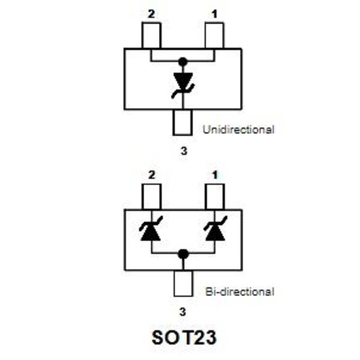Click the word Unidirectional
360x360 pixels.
[x=238, y=130]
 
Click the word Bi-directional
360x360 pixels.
[x=239, y=291]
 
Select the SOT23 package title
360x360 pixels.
[x=184, y=338]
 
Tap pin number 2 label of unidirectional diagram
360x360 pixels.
[x=151, y=14]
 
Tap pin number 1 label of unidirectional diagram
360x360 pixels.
[x=214, y=14]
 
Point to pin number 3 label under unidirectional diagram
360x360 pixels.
[x=184, y=151]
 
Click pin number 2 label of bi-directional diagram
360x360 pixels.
[x=151, y=175]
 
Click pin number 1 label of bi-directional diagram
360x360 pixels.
[x=215, y=175]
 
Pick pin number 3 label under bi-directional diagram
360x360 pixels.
[x=182, y=311]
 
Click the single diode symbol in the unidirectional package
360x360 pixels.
[x=183, y=85]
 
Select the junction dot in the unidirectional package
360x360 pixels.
[x=183, y=62]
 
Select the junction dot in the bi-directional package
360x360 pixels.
[x=183, y=254]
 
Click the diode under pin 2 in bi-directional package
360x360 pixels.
[x=151, y=229]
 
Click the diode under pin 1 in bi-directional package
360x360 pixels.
[x=215, y=229]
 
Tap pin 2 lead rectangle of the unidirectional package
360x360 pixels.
[x=151, y=35]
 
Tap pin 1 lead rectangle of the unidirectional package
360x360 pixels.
[x=214, y=35]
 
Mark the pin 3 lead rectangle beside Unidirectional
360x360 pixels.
[x=182, y=122]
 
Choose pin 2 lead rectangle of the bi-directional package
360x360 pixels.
[x=152, y=197]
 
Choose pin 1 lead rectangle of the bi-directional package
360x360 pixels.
[x=215, y=197]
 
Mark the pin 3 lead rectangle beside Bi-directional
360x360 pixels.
[x=183, y=283]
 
